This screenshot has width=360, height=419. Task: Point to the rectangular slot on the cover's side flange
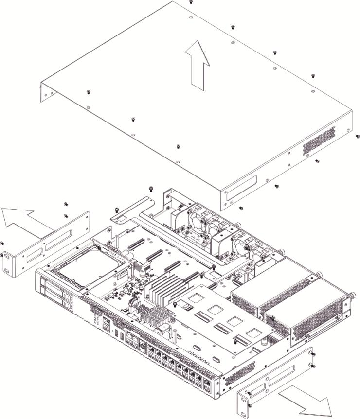(x=241, y=187)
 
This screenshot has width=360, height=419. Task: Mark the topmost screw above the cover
(x=191, y=2)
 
